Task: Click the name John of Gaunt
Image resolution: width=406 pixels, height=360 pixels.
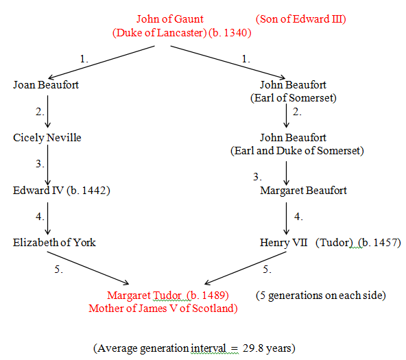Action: [170, 19]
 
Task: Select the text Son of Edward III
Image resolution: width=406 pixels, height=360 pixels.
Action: [301, 19]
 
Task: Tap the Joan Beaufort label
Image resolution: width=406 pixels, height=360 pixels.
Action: [46, 85]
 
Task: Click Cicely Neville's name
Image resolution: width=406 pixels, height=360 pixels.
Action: [47, 138]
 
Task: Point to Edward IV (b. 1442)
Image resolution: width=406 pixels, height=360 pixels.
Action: [62, 191]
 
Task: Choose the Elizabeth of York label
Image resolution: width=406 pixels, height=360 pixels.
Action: [54, 243]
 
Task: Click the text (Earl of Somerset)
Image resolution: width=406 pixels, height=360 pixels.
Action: [294, 98]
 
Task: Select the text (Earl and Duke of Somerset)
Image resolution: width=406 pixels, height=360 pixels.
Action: [297, 151]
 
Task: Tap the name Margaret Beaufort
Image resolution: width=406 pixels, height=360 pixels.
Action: [303, 191]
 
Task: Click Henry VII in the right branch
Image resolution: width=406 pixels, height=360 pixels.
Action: [283, 243]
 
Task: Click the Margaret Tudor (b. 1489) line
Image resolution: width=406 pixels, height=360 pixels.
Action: [168, 296]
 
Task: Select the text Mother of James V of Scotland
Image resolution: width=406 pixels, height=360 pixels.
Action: [161, 309]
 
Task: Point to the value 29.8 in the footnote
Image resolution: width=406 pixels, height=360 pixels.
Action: [250, 348]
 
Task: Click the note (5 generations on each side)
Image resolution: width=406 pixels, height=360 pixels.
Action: [321, 296]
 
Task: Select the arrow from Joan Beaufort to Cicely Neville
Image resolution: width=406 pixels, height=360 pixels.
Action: [47, 112]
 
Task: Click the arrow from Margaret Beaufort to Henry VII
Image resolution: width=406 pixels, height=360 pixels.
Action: [286, 219]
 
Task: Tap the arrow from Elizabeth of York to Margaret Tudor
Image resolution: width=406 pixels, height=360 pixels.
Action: [88, 268]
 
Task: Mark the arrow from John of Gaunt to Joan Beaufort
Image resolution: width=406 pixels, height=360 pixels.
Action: [101, 62]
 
